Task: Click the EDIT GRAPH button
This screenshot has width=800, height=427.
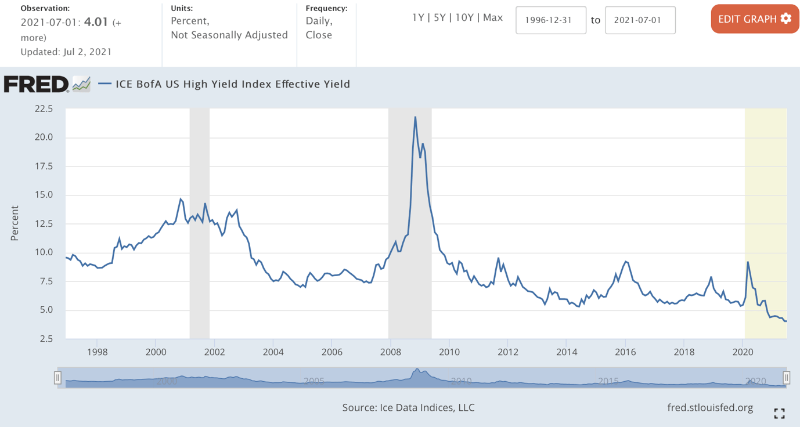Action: click(x=754, y=19)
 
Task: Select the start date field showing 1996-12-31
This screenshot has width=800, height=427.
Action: click(x=550, y=20)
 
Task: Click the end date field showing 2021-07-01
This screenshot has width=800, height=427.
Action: click(x=640, y=20)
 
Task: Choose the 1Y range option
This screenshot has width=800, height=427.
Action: click(x=418, y=17)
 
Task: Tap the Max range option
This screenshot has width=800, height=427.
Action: click(x=493, y=17)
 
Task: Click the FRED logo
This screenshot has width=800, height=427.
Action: click(x=37, y=85)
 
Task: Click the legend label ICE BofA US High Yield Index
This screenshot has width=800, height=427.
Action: click(x=232, y=84)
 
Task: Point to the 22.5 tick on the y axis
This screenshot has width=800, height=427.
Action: click(x=44, y=109)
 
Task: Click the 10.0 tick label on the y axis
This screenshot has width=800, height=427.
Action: click(x=44, y=252)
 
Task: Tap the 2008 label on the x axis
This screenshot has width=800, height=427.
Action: click(x=390, y=352)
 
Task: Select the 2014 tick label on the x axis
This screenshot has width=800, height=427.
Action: click(x=567, y=352)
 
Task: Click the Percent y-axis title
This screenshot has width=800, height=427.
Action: click(x=15, y=223)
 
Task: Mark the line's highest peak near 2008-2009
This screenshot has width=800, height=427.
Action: click(x=415, y=117)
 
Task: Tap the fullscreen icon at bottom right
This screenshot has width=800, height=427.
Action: click(x=780, y=413)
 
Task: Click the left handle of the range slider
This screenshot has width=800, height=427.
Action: click(x=57, y=378)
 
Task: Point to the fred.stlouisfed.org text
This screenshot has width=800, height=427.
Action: click(x=710, y=407)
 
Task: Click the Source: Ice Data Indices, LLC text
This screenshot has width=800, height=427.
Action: click(x=408, y=407)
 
